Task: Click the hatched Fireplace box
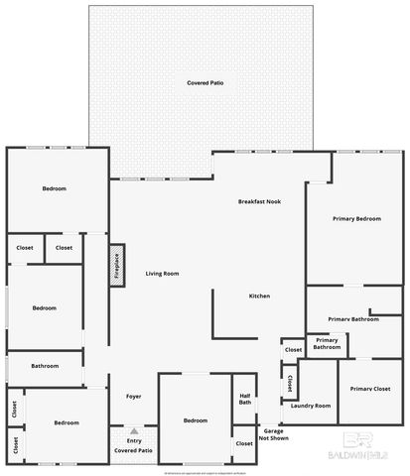pos(115,266)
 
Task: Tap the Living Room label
pos(162,273)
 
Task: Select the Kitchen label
pos(259,297)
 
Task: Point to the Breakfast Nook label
pos(259,201)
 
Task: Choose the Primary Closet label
pos(369,389)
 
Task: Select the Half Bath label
pos(245,399)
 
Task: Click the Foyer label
pos(133,397)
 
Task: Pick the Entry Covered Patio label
pos(133,445)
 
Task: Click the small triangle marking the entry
pos(133,430)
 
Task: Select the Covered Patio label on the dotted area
pos(205,83)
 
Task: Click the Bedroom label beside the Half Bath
pos(196,420)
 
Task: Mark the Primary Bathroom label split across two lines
pos(327,344)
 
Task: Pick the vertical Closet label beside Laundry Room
pos(289,382)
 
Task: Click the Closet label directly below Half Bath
pos(244,443)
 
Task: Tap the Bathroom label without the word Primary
pos(45,366)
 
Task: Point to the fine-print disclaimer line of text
pos(205,467)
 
